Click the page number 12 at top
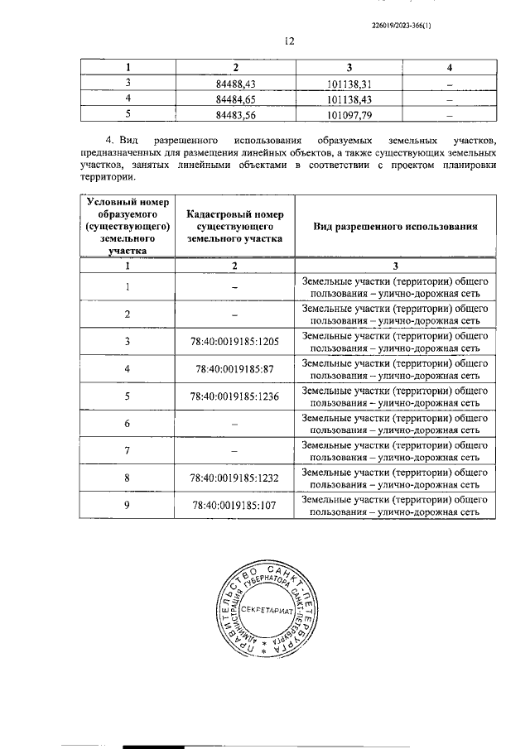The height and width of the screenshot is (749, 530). click(x=288, y=41)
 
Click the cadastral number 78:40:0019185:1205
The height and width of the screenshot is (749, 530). click(x=234, y=341)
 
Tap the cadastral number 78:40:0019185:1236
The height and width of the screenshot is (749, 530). click(x=234, y=396)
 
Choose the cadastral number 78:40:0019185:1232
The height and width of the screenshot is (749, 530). click(x=234, y=478)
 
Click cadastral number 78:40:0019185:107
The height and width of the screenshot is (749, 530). click(x=234, y=505)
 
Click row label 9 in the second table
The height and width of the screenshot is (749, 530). click(x=128, y=505)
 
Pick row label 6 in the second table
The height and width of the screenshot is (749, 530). click(x=128, y=423)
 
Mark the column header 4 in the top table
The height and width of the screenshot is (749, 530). click(x=449, y=67)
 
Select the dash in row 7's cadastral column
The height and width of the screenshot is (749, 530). click(x=234, y=450)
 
